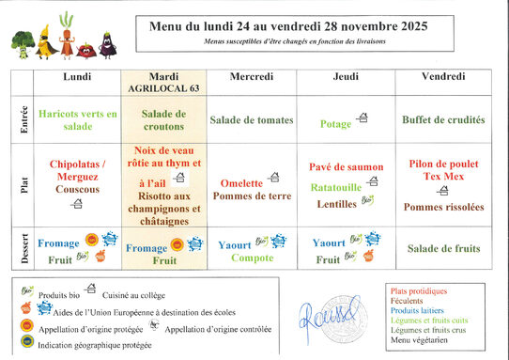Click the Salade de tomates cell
click(x=251, y=120)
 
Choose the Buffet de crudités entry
click(x=443, y=120)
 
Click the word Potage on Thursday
click(x=335, y=123)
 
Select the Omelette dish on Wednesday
click(x=241, y=183)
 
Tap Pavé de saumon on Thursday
click(x=347, y=167)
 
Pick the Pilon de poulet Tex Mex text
click(x=443, y=170)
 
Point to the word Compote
click(x=252, y=258)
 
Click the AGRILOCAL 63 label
click(x=164, y=86)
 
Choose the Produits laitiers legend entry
click(x=419, y=310)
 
